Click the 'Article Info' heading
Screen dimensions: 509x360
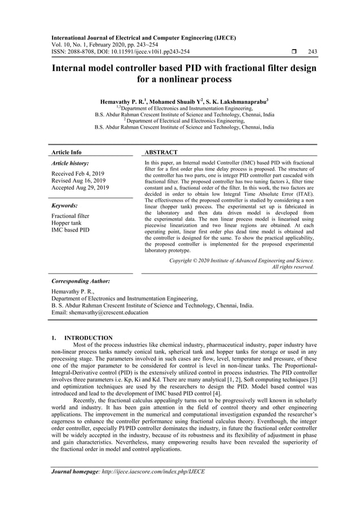[67, 152]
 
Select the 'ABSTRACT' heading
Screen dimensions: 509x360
[161, 152]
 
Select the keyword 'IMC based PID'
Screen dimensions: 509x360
[70, 230]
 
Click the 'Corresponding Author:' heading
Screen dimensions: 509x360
[80, 280]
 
